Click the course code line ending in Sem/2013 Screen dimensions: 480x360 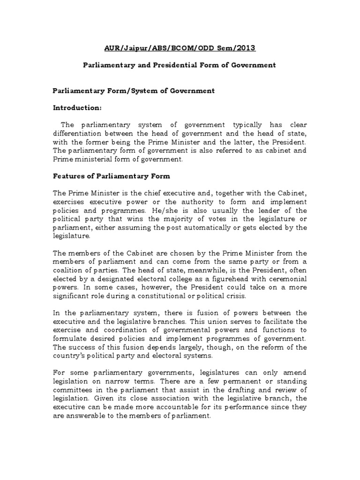pos(180,48)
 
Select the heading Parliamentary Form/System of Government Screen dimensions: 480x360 pos(133,91)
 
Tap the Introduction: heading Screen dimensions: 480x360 pos(76,108)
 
